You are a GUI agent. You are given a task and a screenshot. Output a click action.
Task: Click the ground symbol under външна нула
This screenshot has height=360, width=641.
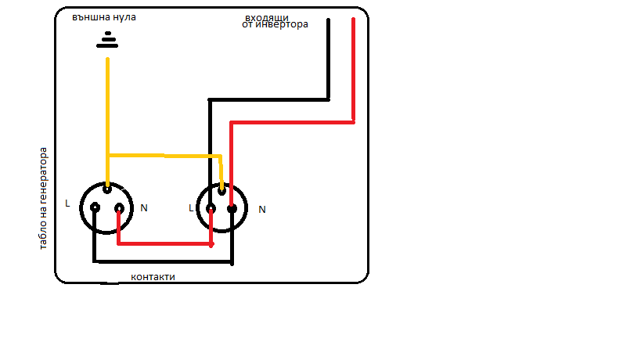tap(107, 41)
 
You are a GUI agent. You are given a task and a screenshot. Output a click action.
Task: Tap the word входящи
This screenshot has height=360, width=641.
tap(267, 16)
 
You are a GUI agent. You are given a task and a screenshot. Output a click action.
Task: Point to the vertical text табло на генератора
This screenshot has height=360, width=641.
tap(44, 198)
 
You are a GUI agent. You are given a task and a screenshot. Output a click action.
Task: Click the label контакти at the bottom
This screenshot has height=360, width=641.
tap(153, 277)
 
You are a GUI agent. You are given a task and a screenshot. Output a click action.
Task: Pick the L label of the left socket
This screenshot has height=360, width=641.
tap(67, 203)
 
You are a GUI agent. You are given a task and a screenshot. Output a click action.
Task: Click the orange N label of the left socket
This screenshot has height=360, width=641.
tap(144, 208)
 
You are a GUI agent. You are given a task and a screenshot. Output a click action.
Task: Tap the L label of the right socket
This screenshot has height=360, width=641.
tap(191, 208)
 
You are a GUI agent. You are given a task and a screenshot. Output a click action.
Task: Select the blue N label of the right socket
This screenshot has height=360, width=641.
tap(262, 210)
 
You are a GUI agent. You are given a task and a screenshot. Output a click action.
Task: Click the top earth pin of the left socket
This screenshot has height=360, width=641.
tap(106, 189)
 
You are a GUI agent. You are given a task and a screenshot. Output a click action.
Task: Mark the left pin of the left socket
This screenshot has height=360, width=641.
tap(94, 207)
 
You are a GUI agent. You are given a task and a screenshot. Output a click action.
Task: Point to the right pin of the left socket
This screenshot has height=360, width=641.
tap(119, 208)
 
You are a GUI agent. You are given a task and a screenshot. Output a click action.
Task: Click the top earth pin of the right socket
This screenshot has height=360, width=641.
tap(222, 189)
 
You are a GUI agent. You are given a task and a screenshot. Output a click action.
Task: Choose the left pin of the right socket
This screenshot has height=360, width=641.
tap(211, 208)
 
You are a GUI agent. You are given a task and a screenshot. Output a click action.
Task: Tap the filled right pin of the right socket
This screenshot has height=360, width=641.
tap(232, 208)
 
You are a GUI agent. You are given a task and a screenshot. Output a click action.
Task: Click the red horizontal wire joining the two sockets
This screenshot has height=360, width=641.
tap(164, 243)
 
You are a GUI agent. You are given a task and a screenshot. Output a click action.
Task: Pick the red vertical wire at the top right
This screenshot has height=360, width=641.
tap(353, 70)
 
